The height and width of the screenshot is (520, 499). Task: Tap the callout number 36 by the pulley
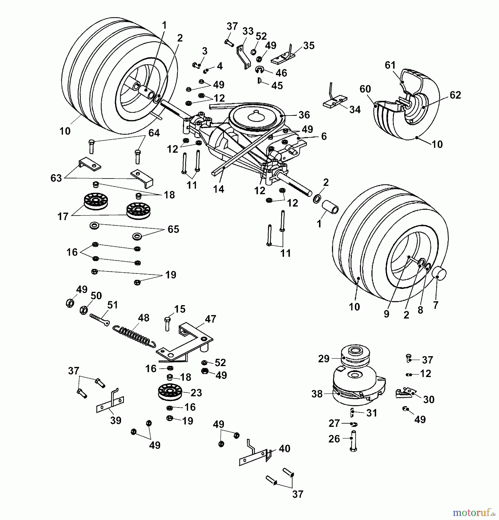[304, 115]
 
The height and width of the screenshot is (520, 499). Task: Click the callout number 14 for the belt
[218, 189]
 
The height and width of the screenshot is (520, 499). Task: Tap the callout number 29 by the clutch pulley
[324, 359]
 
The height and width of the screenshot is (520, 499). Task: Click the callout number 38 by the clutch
[317, 394]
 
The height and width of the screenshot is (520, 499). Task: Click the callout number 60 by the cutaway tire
[365, 89]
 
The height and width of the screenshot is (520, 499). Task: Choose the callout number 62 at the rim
[455, 95]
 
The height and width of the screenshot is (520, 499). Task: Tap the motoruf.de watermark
[474, 512]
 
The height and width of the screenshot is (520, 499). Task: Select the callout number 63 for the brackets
[56, 178]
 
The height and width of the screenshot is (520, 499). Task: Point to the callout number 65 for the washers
[173, 229]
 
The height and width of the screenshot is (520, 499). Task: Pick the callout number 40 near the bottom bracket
[284, 448]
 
